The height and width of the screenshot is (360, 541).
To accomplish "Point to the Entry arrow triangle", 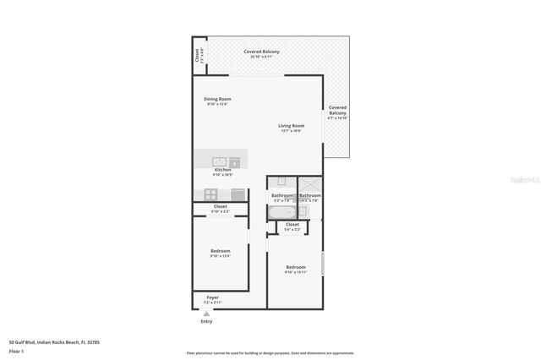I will point(206,314).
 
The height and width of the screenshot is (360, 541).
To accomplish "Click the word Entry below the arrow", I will point(206,322).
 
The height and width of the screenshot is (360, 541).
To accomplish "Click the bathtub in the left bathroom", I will point(281,212).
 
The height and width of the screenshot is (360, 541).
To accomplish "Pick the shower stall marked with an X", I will point(309,183).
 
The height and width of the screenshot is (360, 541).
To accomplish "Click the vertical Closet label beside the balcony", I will point(198,57).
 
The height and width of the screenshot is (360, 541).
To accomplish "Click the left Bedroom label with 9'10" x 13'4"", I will point(220,253).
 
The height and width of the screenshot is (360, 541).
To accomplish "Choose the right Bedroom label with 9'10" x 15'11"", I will point(294,270).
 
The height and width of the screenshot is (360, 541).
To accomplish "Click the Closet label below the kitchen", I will point(220,208).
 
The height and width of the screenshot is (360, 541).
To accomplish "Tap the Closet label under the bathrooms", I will point(293,227).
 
